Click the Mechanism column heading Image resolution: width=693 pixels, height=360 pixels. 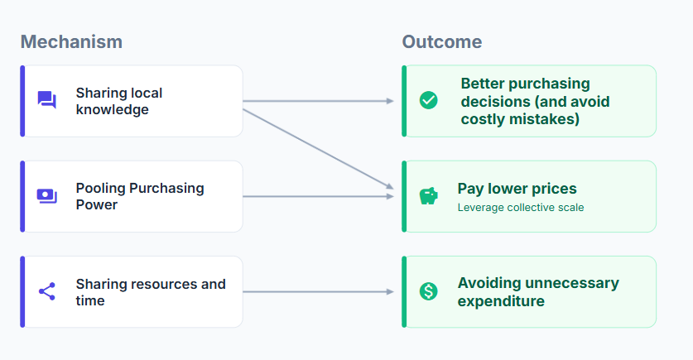point(71,42)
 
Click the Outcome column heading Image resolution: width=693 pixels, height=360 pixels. point(441,42)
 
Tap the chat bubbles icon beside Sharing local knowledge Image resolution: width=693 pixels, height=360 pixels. point(47,100)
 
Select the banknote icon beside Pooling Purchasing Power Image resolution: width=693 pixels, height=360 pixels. point(47,195)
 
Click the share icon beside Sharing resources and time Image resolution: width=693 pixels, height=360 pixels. point(47,291)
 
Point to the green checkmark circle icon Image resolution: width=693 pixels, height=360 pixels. point(428,100)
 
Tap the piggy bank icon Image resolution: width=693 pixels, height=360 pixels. point(428,195)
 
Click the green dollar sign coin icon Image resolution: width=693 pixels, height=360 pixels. point(428,291)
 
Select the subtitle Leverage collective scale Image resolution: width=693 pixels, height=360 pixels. point(521,208)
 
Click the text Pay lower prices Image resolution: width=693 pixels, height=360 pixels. point(517,189)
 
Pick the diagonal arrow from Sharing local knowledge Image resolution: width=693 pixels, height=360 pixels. point(318,149)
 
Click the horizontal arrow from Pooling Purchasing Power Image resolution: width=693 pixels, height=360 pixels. point(318,196)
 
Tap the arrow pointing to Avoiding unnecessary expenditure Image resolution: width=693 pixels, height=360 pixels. point(318,291)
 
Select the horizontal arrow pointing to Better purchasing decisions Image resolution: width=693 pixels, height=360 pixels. point(318,101)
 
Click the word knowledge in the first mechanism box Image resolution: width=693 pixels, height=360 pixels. point(113,109)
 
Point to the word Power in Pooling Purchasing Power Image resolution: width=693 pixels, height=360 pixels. point(97,205)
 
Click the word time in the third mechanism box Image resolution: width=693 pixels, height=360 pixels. point(90,300)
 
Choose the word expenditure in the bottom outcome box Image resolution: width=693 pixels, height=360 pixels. point(501,301)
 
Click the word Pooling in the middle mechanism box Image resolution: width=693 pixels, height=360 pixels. point(101,189)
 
